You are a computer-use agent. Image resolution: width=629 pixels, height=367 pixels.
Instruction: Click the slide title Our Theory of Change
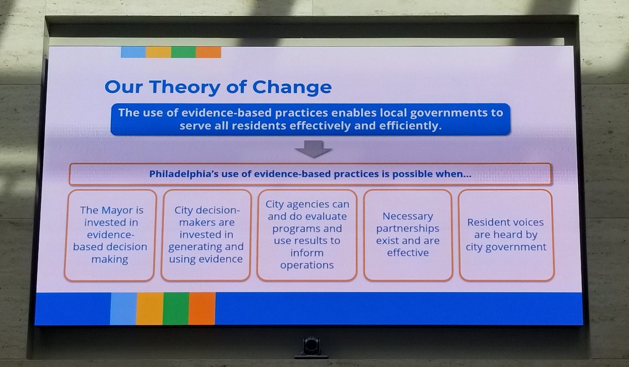218,87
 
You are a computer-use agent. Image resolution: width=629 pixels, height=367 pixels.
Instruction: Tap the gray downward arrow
313,150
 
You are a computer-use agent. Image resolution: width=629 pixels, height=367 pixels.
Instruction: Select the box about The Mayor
110,235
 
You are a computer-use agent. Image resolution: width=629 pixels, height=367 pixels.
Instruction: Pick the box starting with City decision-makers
206,235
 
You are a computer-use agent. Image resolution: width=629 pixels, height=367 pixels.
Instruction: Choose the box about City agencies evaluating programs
307,235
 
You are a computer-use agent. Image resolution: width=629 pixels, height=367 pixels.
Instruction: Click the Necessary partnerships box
408,235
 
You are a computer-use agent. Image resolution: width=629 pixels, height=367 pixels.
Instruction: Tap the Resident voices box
506,235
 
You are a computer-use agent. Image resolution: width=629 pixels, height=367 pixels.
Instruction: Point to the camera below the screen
311,347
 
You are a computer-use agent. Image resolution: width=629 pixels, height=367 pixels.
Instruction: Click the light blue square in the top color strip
133,52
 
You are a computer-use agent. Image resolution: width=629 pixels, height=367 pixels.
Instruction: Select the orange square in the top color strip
208,52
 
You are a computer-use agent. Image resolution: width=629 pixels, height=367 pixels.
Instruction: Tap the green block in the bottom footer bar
176,308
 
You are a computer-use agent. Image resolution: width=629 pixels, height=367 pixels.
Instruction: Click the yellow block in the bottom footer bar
149,308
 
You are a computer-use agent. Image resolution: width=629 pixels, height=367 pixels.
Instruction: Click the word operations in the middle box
307,265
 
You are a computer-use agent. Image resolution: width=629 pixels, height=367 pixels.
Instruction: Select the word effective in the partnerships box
408,253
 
